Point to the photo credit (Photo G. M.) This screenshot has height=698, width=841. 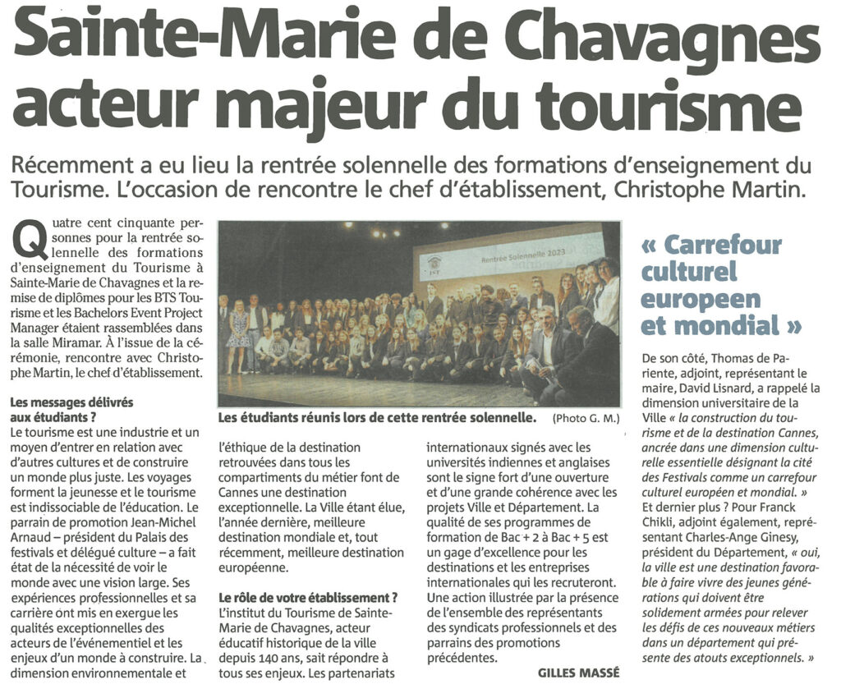pyautogui.click(x=586, y=419)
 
